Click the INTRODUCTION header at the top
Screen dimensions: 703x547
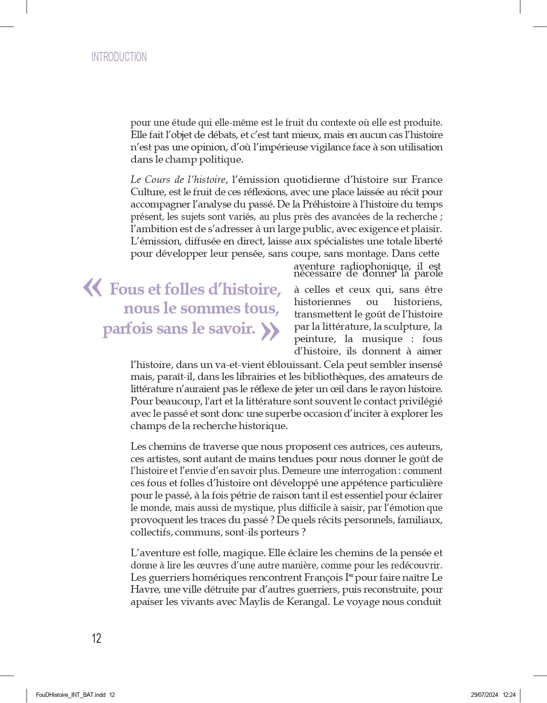coord(119,57)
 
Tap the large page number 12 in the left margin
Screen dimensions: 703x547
coord(96,638)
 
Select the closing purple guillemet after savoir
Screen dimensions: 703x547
coord(270,331)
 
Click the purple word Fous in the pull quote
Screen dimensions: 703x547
coord(127,289)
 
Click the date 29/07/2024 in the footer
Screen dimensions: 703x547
coord(484,695)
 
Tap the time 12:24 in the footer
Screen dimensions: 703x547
coord(509,695)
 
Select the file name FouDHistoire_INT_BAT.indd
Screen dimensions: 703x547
coord(70,695)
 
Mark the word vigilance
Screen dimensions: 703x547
coord(337,147)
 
